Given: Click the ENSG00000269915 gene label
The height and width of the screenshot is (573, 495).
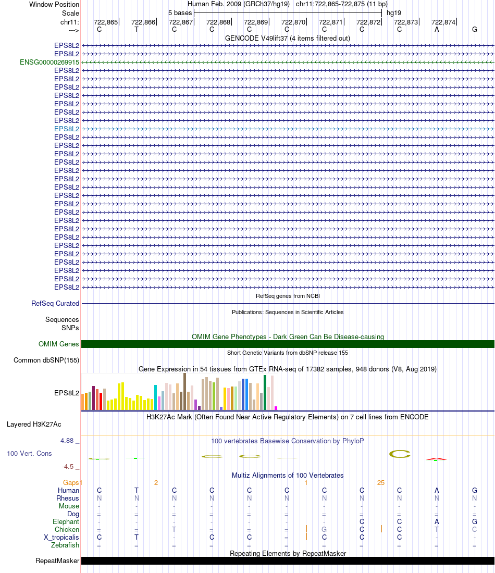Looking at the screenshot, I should click(x=49, y=62).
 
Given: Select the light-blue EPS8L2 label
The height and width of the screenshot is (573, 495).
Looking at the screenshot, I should click(x=67, y=129).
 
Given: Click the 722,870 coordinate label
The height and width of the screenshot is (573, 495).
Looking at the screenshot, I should click(x=293, y=22).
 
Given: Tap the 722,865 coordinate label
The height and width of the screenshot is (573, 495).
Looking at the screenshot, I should click(x=106, y=22).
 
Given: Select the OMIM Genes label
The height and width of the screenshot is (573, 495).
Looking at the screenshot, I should click(x=59, y=344).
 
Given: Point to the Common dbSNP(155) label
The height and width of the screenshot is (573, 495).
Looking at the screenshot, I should click(x=46, y=360).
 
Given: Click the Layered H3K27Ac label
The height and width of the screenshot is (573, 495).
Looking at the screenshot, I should click(x=34, y=424).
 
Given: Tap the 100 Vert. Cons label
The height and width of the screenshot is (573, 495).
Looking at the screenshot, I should click(x=29, y=453).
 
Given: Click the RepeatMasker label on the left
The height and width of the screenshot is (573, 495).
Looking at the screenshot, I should click(x=57, y=561).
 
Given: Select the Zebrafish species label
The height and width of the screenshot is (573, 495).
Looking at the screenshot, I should click(x=66, y=545).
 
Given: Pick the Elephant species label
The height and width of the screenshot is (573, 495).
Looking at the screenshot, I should click(x=66, y=521).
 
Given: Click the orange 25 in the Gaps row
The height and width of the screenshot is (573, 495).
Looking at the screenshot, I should click(x=381, y=482).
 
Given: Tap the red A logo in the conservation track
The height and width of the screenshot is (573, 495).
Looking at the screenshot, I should click(x=437, y=459).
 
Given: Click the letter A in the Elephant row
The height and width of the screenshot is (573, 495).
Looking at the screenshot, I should click(x=437, y=521).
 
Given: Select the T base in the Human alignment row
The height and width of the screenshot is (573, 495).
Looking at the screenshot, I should click(x=137, y=490).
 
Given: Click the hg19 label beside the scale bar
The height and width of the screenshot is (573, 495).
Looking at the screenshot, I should click(x=394, y=13).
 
